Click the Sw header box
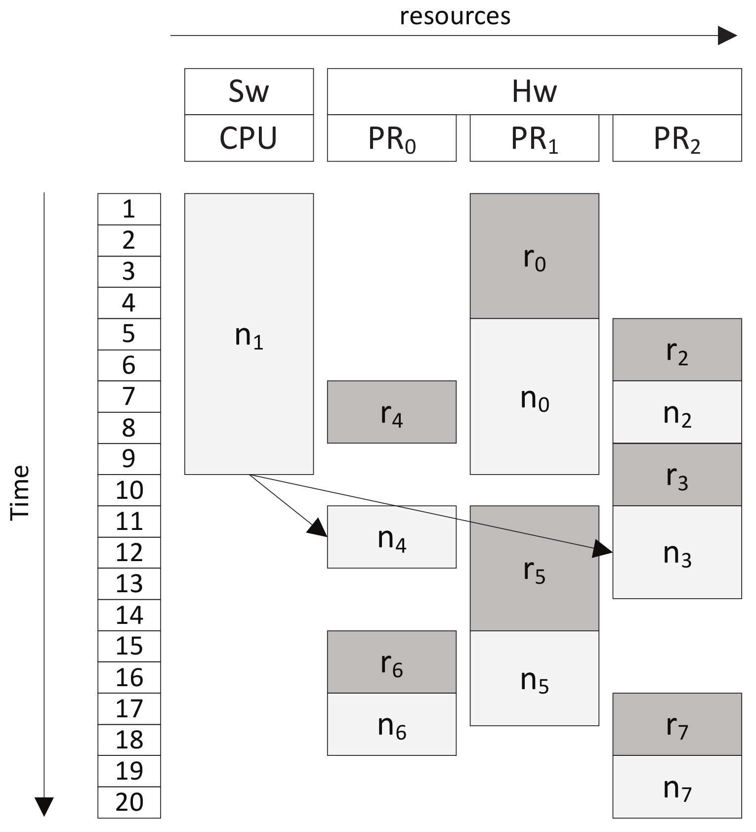click(x=249, y=91)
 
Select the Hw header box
click(x=534, y=91)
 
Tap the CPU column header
click(x=249, y=138)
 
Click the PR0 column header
click(x=391, y=138)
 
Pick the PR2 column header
click(x=676, y=138)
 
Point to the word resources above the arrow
click(x=455, y=16)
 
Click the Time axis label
click(x=20, y=492)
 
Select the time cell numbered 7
click(x=129, y=396)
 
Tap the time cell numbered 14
click(x=129, y=615)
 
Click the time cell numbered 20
click(x=129, y=802)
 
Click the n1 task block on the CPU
click(x=249, y=334)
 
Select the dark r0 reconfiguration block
click(x=534, y=256)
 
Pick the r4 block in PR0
click(x=391, y=412)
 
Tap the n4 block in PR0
click(x=391, y=537)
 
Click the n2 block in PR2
click(x=676, y=412)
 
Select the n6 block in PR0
click(x=391, y=724)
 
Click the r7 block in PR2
click(x=676, y=724)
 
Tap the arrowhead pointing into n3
click(x=603, y=549)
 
